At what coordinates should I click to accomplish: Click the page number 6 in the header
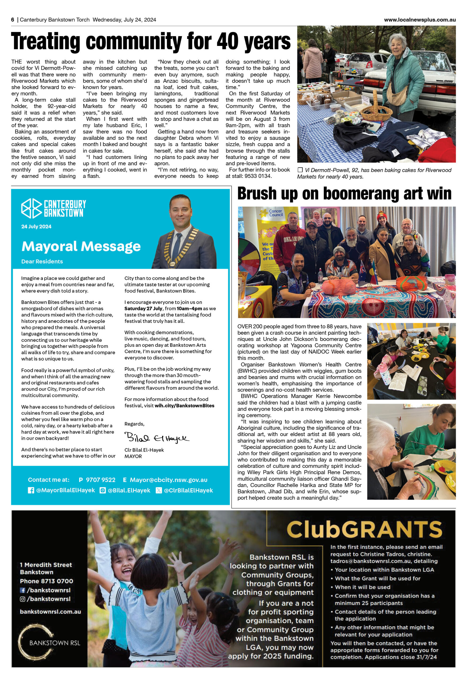coord(13,20)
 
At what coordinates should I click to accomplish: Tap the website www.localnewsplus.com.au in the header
coord(420,20)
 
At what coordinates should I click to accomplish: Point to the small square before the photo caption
coord(300,170)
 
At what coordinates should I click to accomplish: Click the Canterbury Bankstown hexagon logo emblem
coord(31,208)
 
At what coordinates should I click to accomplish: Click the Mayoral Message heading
coord(81,246)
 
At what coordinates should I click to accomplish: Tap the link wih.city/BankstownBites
coord(184,406)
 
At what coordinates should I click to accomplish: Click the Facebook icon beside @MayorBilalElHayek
coord(31,490)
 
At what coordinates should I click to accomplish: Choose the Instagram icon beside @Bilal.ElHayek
coord(103,490)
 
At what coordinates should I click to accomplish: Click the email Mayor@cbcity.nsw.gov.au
coord(168,480)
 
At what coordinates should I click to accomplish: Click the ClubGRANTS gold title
coord(364,530)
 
